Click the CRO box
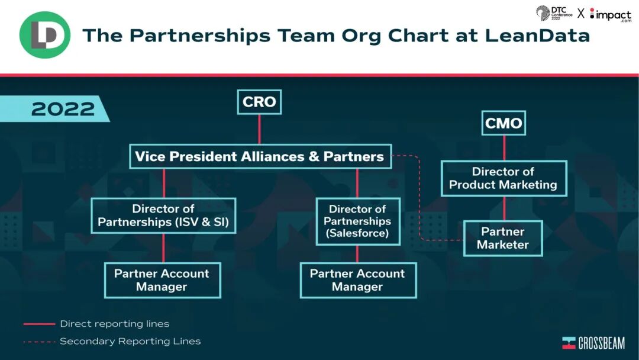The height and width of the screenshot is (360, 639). point(259,102)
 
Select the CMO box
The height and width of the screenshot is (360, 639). point(504,123)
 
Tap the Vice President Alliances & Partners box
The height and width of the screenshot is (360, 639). point(260,156)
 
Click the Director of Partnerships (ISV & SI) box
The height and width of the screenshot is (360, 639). point(163,216)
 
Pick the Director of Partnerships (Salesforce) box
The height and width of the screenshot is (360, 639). point(357,221)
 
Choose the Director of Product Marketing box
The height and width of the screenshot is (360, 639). point(503,178)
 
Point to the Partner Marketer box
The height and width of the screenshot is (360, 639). point(502,238)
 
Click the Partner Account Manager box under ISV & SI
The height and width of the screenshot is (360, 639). point(162,280)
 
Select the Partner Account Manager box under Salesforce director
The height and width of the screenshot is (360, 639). point(357,280)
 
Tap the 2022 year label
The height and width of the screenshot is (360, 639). point(63,109)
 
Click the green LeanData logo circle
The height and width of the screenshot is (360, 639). point(45,35)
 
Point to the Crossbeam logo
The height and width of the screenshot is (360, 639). point(593,343)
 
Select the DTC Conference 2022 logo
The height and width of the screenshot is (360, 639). point(554,13)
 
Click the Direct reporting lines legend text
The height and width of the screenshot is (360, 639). point(115,324)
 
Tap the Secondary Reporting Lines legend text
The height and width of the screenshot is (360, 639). point(130,341)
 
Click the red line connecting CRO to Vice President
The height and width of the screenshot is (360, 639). point(259,129)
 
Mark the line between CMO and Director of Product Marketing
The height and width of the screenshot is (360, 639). point(504,148)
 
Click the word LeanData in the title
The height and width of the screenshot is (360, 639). point(537,36)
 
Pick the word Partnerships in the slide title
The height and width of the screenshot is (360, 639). point(198,36)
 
